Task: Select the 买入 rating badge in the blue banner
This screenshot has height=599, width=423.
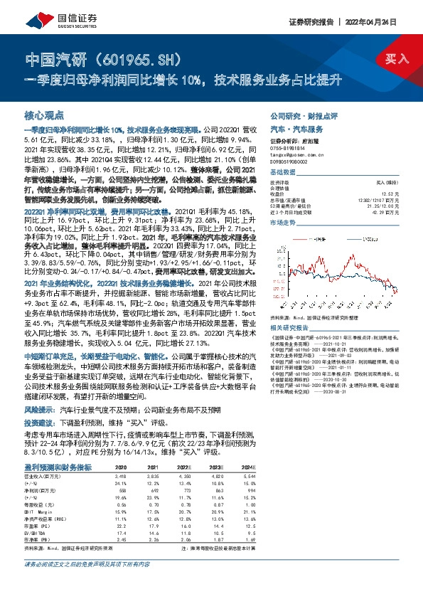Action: (x=396, y=60)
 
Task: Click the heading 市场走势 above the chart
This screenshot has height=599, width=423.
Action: (x=283, y=223)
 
